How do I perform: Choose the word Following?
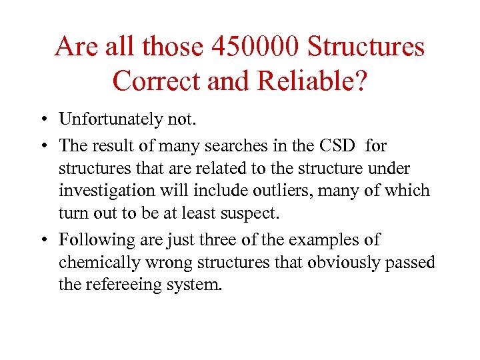click(93, 239)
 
